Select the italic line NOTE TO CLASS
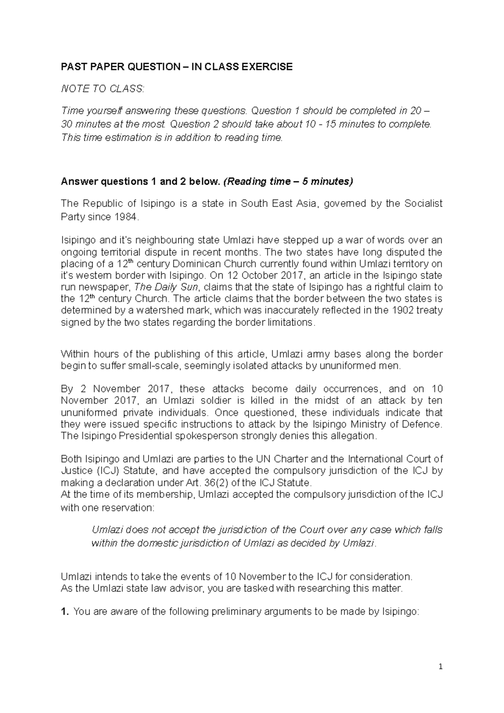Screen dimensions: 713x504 coord(102,89)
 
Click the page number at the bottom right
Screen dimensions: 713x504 coord(440,667)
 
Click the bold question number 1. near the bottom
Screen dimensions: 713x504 coord(65,612)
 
